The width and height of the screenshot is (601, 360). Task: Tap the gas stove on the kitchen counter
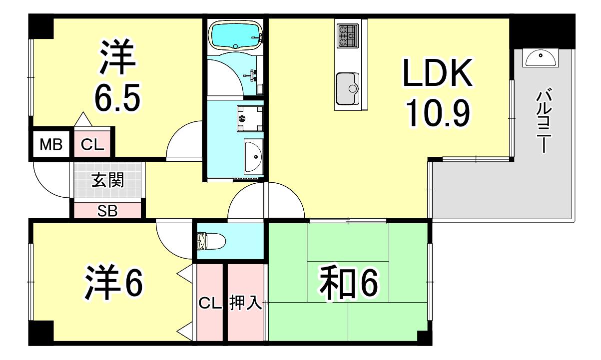coord(348,35)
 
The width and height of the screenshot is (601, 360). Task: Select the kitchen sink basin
coord(348,89)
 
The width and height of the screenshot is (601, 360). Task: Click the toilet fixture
coord(211,241)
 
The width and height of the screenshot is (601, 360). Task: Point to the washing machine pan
coord(250,118)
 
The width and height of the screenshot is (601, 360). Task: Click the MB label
coord(51,145)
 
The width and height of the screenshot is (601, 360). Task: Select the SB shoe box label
coord(107,211)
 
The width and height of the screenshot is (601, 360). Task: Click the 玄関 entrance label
coord(107,180)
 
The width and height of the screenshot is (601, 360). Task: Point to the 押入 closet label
coord(245,303)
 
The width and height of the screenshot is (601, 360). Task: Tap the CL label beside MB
coord(92,145)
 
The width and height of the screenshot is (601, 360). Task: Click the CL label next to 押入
coord(210,304)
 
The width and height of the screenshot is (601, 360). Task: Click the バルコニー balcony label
coord(544,120)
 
